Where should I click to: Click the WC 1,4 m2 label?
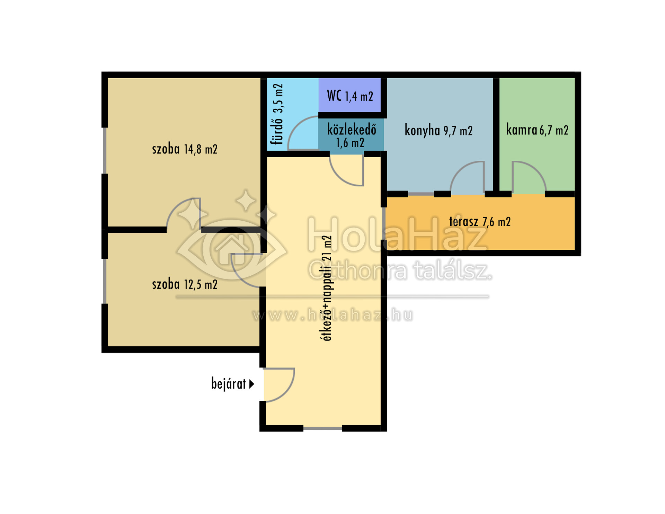(350, 96)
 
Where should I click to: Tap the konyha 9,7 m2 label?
(438, 131)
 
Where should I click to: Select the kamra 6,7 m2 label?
(537, 130)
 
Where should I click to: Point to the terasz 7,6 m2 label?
(480, 222)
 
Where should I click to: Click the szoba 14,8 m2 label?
(185, 149)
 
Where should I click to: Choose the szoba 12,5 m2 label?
(185, 284)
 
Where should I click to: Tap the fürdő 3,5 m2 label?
(278, 114)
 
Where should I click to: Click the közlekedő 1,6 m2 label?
(351, 136)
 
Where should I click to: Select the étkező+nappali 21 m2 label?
(327, 288)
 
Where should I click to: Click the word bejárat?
(229, 384)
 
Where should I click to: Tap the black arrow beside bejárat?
(252, 384)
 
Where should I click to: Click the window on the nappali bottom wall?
(322, 428)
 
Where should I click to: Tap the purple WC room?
(349, 95)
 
